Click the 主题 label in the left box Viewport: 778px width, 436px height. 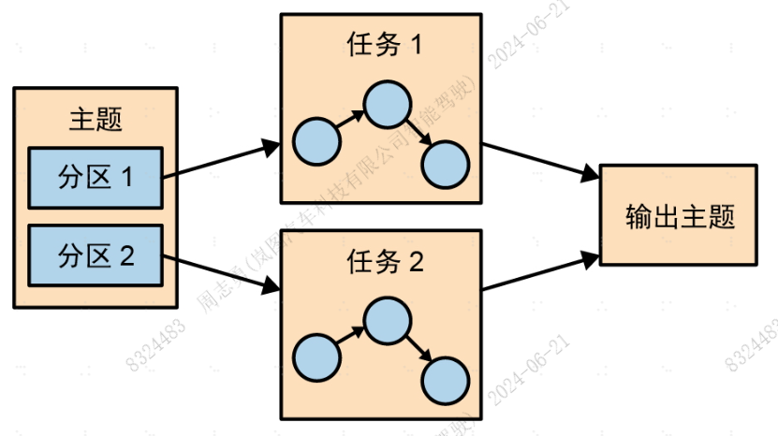point(95,119)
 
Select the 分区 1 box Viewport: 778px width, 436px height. point(95,177)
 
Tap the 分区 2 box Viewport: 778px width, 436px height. point(95,254)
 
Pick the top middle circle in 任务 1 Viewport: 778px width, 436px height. point(386,105)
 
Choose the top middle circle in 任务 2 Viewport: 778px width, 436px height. point(386,321)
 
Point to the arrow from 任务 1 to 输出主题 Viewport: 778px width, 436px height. point(541,161)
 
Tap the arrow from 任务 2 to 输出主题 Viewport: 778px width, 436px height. point(541,270)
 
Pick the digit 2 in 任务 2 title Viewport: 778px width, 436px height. point(416,262)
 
